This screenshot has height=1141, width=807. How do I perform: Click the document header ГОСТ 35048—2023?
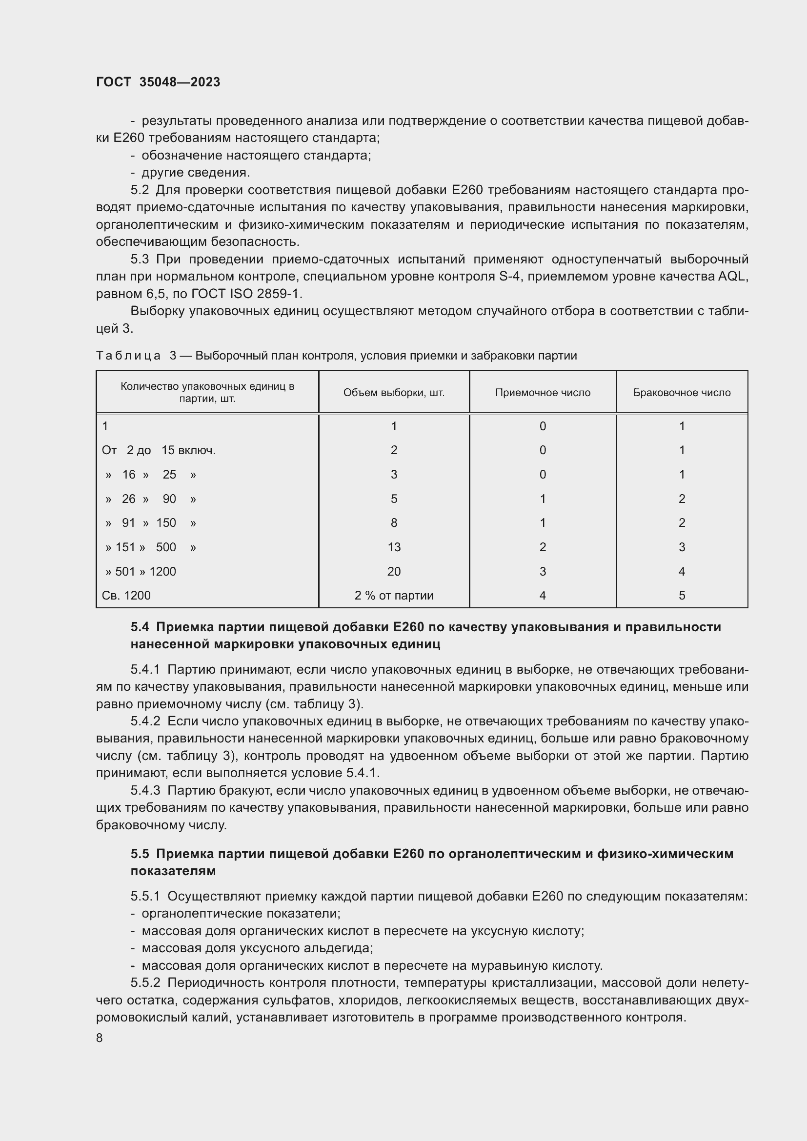[x=158, y=82]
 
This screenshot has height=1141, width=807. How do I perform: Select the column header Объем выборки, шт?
[x=394, y=393]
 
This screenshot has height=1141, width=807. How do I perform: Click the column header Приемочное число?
[x=543, y=393]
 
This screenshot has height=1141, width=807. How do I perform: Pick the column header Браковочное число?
[x=682, y=393]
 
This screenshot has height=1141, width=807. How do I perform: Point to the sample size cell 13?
[x=394, y=547]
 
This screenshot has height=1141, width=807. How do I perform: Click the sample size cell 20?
[x=394, y=572]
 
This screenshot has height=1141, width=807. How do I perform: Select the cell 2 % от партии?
[x=394, y=595]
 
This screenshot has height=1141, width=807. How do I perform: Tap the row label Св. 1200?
[x=126, y=595]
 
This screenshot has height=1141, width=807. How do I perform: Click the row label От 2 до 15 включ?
[x=159, y=450]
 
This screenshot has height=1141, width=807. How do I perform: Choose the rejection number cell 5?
[x=682, y=595]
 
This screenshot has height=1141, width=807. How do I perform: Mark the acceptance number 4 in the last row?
[x=543, y=595]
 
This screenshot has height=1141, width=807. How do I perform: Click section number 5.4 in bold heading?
[x=140, y=627]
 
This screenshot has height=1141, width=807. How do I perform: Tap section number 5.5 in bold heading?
[x=140, y=854]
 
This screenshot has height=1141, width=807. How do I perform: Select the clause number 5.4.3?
[x=145, y=791]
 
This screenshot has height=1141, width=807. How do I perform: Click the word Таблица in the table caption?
[x=128, y=356]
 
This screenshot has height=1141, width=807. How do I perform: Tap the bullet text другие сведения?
[x=195, y=172]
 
